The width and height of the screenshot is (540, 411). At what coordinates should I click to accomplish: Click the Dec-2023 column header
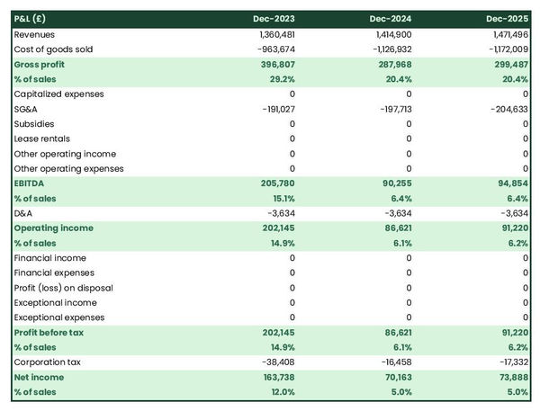tap(274, 18)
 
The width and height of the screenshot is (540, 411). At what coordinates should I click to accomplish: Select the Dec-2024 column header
tap(391, 18)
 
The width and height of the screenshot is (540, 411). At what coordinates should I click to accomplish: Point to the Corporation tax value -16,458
tap(393, 362)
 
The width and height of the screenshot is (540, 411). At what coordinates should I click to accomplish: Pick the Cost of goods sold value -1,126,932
tap(388, 49)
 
